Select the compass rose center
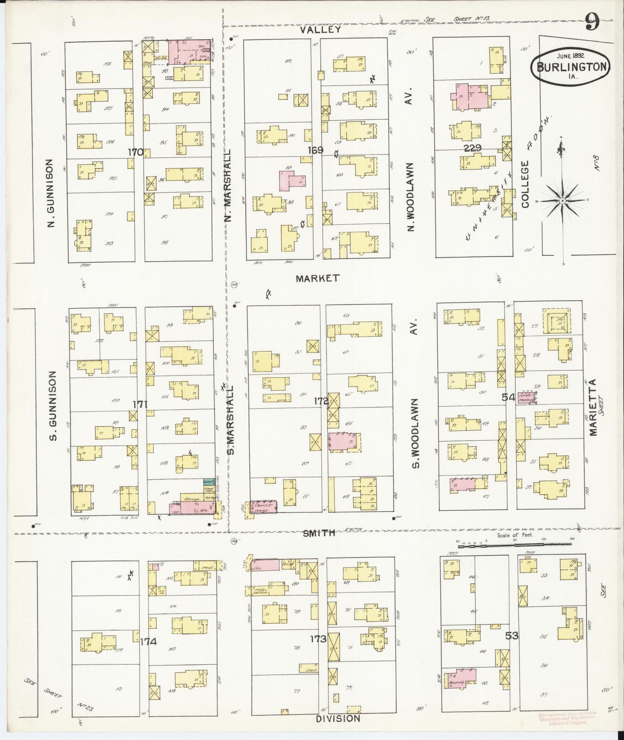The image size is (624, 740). [563, 201]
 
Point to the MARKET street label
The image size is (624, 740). [317, 278]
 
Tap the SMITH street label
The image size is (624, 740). [319, 533]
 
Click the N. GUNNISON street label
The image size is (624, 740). [51, 193]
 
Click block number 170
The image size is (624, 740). [136, 152]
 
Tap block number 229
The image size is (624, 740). [472, 148]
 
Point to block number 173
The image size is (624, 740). [318, 639]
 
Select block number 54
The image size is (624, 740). [508, 397]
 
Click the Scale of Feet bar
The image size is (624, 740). [514, 545]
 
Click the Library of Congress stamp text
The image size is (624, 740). [567, 722]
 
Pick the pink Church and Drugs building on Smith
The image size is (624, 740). [262, 507]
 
